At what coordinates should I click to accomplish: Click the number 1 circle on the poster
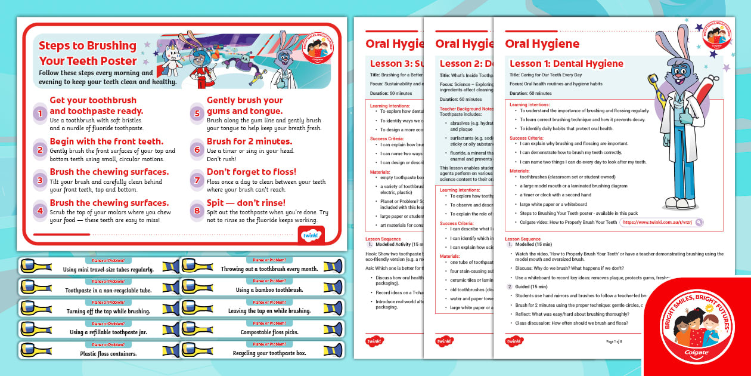(x=39, y=113)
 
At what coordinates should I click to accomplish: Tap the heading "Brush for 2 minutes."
(x=249, y=141)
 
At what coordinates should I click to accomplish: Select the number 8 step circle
(x=197, y=210)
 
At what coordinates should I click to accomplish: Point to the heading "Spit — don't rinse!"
(x=246, y=203)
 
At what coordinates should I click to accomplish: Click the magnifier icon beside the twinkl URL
(x=699, y=222)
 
